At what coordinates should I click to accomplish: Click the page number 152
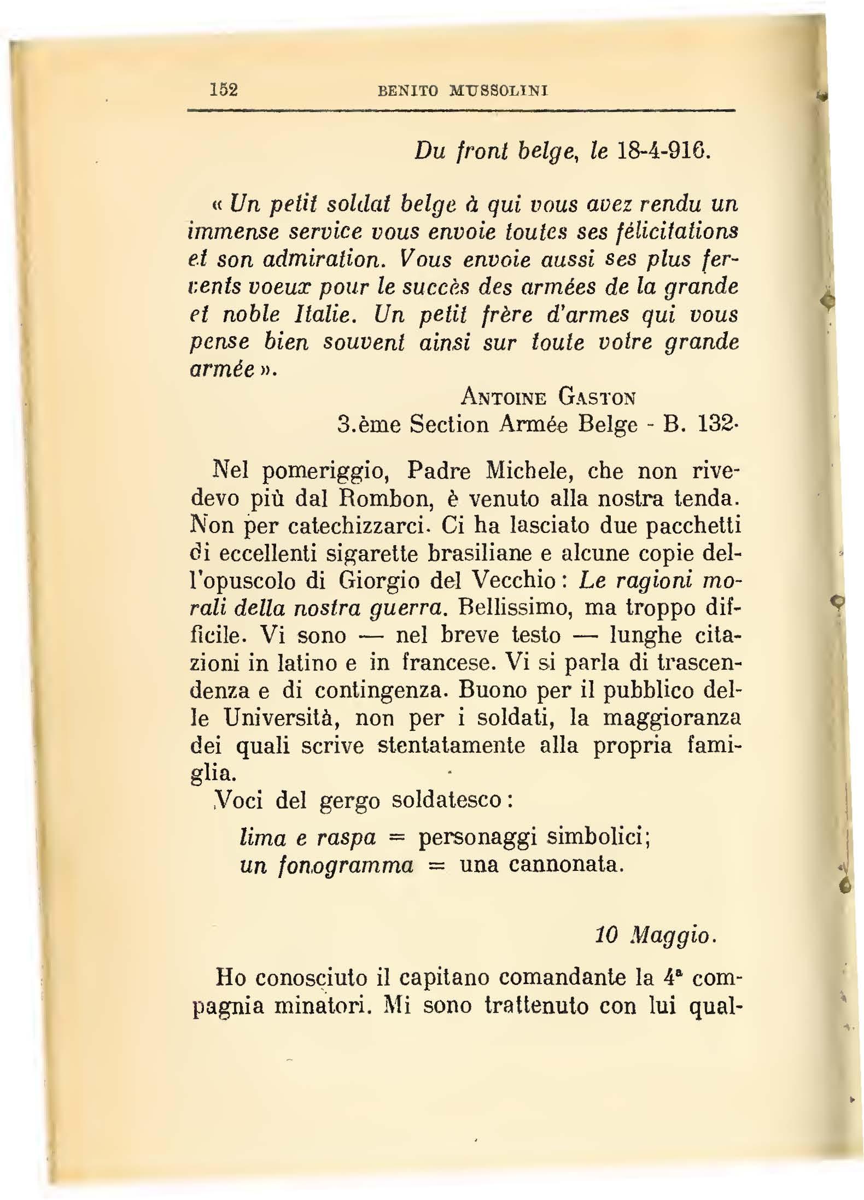(224, 89)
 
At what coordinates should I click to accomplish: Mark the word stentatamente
(452, 745)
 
